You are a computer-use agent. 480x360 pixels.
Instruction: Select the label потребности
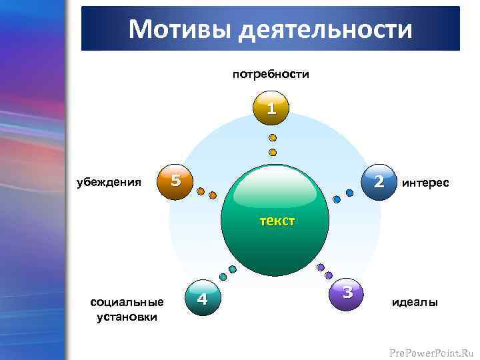pos(271,74)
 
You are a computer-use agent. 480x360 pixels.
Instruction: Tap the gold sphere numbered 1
pos(271,109)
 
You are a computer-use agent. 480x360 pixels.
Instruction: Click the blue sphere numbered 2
pos(378,181)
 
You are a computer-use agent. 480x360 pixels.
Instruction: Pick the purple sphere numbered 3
pos(347,293)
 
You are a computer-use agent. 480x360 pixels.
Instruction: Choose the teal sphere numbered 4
pos(203,298)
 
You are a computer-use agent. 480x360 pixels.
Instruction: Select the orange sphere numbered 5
pos(175,181)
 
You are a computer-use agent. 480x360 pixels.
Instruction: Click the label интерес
pos(425,182)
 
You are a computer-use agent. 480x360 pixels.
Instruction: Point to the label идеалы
pos(415,303)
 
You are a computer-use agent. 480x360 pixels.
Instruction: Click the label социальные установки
pos(127,309)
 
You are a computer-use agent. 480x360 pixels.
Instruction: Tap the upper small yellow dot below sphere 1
pos(272,138)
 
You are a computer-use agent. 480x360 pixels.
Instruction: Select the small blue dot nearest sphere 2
pos(349,193)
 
